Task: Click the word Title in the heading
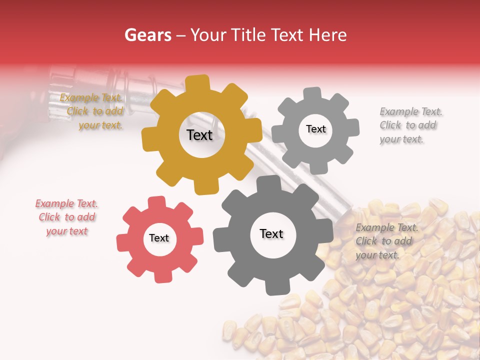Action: (247, 35)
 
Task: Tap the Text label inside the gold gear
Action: (199, 135)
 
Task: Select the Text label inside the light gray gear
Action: (315, 129)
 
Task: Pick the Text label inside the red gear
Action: (159, 238)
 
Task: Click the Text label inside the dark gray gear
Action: (271, 233)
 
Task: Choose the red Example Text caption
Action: (66, 217)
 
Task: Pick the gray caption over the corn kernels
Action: (386, 241)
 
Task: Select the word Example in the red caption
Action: (53, 203)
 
